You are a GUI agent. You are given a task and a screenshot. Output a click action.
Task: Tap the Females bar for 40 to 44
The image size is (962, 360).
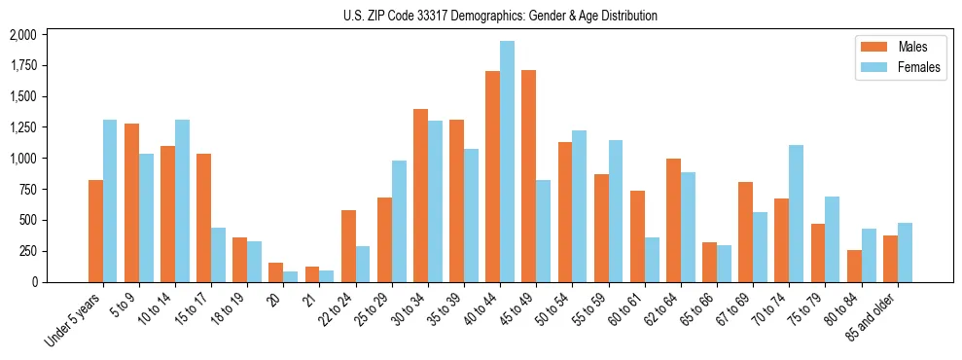[x=507, y=162]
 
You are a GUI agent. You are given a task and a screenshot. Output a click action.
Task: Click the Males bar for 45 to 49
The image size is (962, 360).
[x=528, y=176]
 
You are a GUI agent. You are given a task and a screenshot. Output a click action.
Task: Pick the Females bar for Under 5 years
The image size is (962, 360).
[x=110, y=200]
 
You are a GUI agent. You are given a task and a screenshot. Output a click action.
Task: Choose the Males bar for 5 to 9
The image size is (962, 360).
[x=131, y=202]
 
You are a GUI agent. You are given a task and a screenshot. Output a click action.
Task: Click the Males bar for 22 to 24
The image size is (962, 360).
[x=348, y=246]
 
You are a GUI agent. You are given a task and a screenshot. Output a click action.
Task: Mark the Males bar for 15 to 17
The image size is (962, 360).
[x=203, y=218]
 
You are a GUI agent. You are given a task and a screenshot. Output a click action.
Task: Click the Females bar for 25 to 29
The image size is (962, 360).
[x=399, y=221]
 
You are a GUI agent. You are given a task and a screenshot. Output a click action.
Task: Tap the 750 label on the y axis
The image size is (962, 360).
[x=26, y=190]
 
